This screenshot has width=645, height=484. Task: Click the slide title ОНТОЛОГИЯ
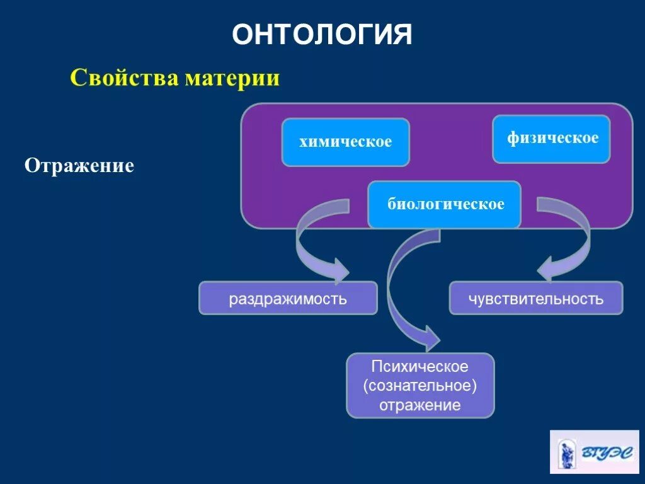pyautogui.click(x=322, y=35)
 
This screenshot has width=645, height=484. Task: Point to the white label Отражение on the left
pyautogui.click(x=79, y=166)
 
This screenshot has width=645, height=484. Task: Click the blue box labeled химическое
pyautogui.click(x=345, y=142)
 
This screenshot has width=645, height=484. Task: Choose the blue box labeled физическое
pyautogui.click(x=551, y=139)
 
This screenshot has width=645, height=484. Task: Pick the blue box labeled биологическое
pyautogui.click(x=444, y=204)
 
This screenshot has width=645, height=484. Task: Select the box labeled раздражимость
pyautogui.click(x=288, y=298)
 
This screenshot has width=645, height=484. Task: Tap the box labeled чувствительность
pyautogui.click(x=535, y=298)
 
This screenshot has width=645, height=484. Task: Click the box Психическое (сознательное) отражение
pyautogui.click(x=420, y=385)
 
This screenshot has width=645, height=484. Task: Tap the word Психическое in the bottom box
pyautogui.click(x=420, y=366)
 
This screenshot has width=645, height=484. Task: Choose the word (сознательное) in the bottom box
pyautogui.click(x=420, y=385)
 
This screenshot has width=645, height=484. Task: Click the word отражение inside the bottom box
pyautogui.click(x=420, y=405)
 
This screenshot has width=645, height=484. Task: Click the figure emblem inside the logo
pyautogui.click(x=566, y=452)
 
